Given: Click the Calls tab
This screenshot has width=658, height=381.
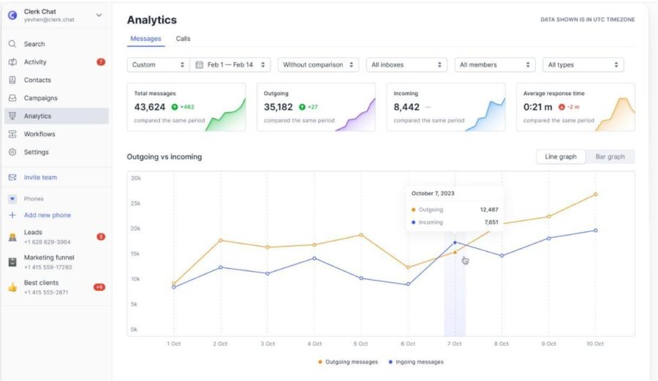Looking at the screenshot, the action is tap(183, 39).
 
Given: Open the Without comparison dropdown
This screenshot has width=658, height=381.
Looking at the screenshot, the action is tap(318, 64).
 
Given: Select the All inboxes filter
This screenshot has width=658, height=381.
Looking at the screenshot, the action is tap(406, 64).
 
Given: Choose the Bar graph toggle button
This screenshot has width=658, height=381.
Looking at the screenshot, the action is tap(610, 156).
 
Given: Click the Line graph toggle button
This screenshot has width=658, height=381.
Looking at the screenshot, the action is tap(561, 156).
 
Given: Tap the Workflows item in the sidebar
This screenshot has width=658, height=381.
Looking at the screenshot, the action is tap(39, 134).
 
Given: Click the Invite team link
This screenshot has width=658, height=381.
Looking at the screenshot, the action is tap(40, 177).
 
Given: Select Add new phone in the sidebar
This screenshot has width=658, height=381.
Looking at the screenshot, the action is tap(48, 215).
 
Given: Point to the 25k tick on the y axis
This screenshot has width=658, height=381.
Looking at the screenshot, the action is tap(135, 203).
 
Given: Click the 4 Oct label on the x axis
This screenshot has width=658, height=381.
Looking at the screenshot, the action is tap(314, 344).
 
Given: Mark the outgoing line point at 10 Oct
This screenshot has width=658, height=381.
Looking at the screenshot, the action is tap(595, 195).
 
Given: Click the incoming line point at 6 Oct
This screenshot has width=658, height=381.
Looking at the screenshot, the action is tap(408, 284).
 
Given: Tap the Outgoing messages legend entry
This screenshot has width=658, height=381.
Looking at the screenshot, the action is tap(348, 362).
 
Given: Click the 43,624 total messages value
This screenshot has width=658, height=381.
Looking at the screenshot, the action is tap(149, 107).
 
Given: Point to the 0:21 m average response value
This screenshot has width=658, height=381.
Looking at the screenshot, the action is tap(537, 107).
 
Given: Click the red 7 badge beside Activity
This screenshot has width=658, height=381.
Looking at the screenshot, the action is tap(101, 62).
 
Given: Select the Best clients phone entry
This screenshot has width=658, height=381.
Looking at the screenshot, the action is tap(41, 287).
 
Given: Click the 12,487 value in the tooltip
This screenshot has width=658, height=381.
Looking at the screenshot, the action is tap(489, 209).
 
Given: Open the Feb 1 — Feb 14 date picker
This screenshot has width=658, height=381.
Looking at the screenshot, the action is tap(230, 64).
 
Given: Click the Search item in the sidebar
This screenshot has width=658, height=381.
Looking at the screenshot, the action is tap(34, 44).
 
